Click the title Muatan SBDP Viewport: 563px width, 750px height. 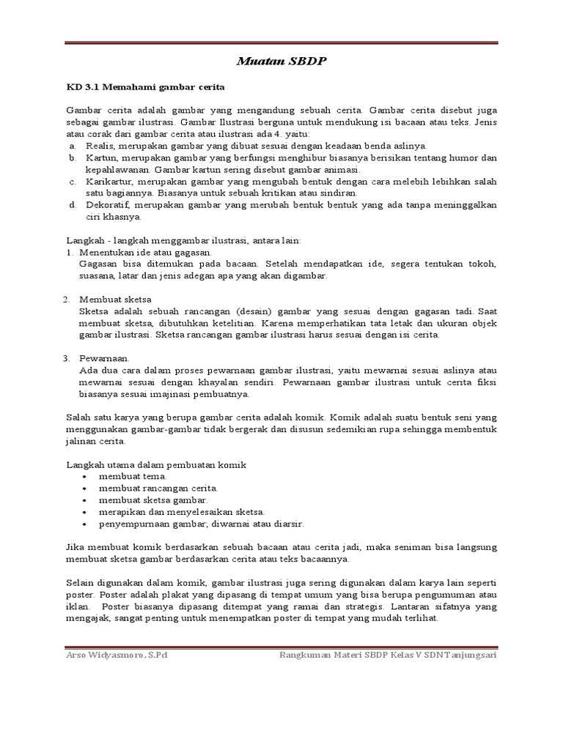pos(281,62)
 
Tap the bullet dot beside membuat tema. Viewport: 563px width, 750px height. pos(86,476)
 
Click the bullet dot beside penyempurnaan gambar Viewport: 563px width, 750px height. pos(86,524)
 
